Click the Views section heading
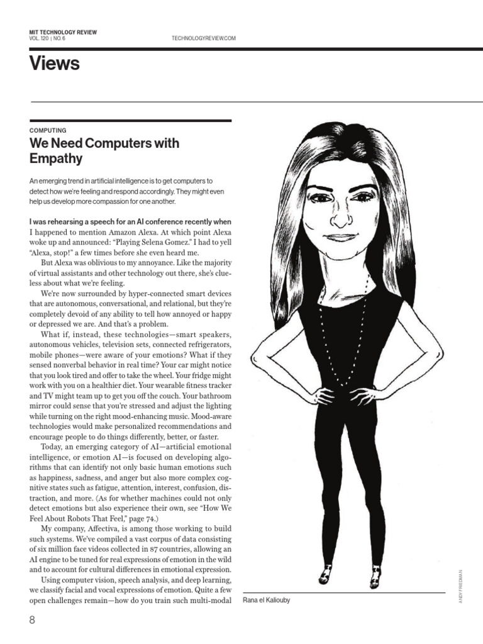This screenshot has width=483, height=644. [55, 64]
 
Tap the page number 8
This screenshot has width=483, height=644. [33, 621]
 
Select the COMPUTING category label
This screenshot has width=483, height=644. [48, 130]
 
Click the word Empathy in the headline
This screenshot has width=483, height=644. [56, 158]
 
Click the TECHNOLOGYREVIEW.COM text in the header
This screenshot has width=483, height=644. [203, 38]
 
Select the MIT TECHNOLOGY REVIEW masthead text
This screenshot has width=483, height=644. [63, 31]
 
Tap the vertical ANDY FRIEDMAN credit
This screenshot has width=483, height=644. [460, 587]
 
